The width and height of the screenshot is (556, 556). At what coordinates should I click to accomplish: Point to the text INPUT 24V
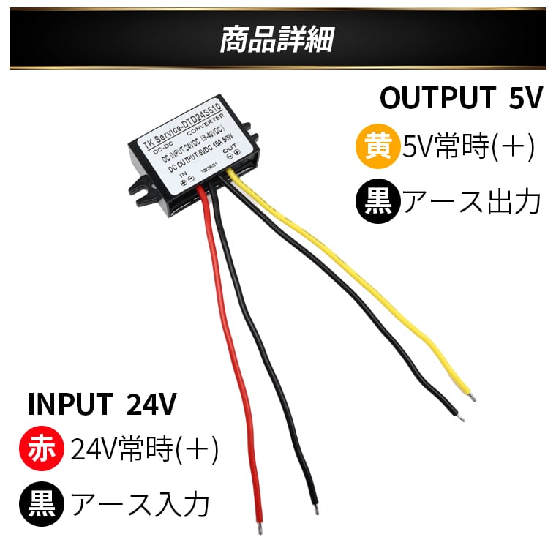pyautogui.click(x=102, y=403)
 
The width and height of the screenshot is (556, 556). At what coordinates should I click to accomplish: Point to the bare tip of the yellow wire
pyautogui.click(x=473, y=398)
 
